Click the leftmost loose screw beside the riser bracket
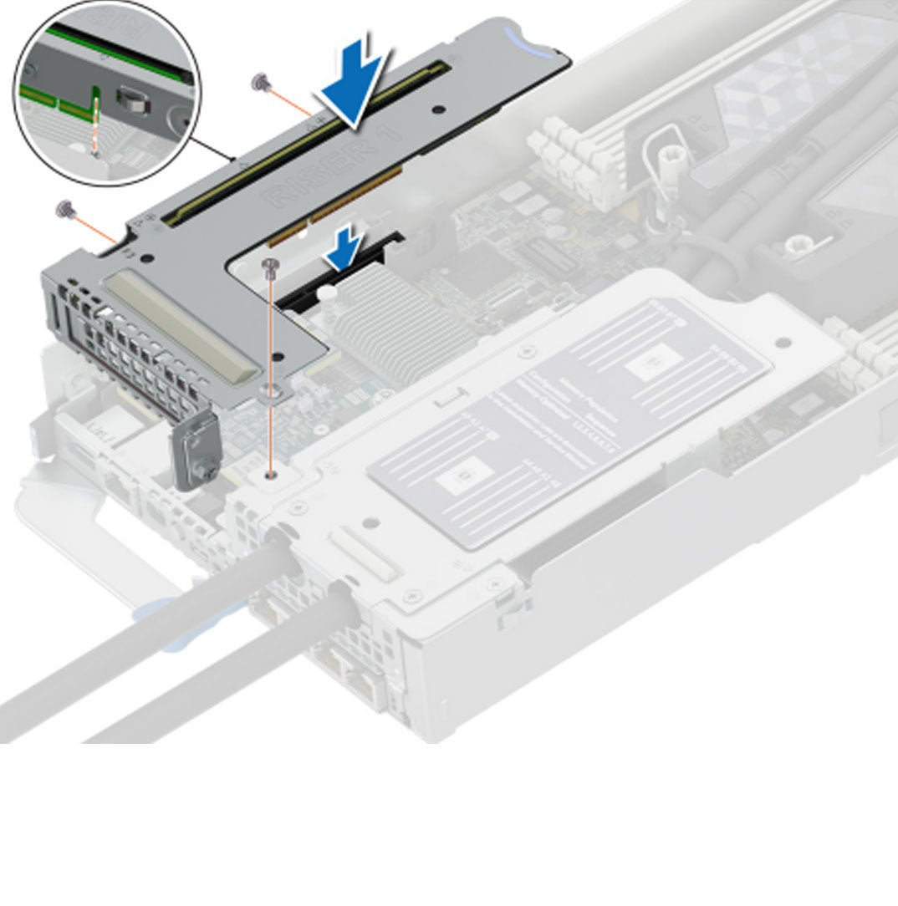pos(63,207)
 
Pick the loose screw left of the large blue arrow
pos(259,81)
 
